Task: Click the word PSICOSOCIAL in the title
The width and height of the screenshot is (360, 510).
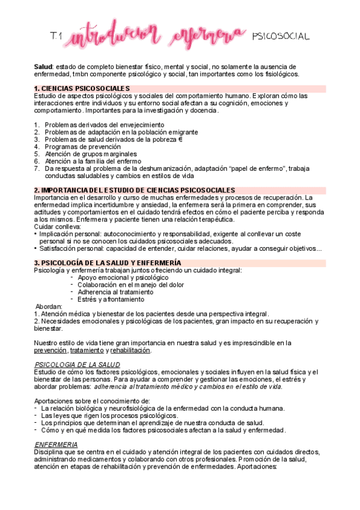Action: tap(280, 37)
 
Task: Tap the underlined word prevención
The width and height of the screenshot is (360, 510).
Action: tap(50, 351)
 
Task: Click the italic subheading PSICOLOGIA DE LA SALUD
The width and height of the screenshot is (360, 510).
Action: tap(77, 365)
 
